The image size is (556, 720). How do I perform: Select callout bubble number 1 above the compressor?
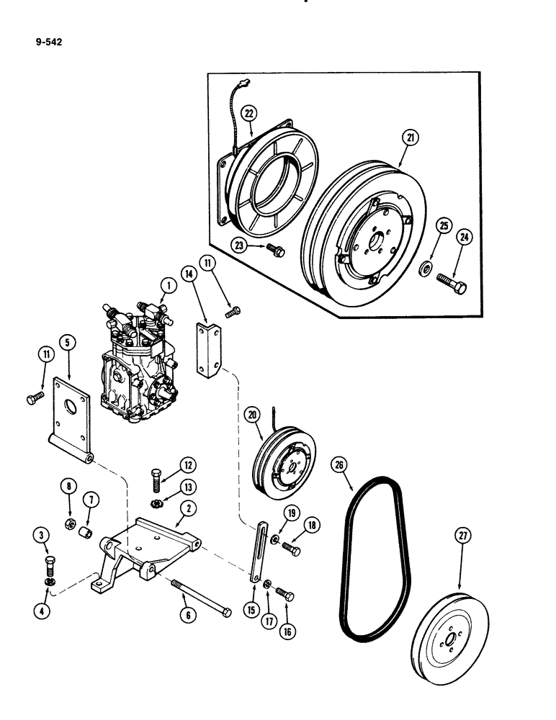point(169,286)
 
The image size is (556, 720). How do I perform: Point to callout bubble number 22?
point(248,113)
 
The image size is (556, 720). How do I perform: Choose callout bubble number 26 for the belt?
point(339,464)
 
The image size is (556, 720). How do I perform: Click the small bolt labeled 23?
point(276,250)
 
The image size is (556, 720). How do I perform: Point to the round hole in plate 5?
point(73,413)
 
